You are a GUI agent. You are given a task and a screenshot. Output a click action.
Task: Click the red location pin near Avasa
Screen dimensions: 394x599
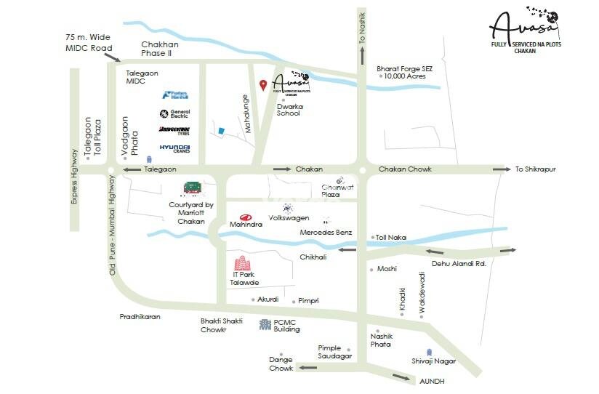coord(263,85)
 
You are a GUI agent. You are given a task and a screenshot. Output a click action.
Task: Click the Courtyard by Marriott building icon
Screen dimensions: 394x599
coord(191,188)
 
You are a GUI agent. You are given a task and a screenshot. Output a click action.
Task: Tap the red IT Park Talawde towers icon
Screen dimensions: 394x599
coord(241,267)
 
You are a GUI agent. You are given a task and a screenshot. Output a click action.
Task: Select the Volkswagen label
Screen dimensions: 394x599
coord(289,218)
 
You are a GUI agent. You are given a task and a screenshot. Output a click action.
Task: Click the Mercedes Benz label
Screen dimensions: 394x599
coord(326,233)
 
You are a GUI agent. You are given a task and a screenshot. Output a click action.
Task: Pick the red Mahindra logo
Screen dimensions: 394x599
coord(246,217)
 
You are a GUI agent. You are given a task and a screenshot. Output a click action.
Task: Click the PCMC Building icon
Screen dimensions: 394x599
coord(265,324)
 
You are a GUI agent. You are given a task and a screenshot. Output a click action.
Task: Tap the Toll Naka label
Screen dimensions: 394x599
coord(391,237)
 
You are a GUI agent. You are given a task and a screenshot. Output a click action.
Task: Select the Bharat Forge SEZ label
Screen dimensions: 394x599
coord(404,68)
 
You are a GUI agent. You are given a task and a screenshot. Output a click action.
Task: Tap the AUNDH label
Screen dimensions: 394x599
coord(432,381)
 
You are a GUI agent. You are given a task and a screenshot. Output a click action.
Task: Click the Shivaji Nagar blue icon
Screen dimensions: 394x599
coord(418,351)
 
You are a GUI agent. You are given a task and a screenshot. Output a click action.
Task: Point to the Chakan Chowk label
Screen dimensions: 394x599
coord(405,169)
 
